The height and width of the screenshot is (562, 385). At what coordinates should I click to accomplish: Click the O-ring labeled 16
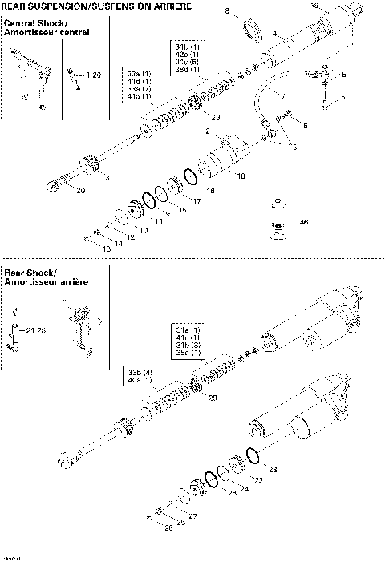pos(190,176)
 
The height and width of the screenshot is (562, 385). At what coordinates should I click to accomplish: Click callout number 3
pos(107,176)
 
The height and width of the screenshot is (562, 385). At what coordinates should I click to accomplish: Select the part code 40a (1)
pos(140,379)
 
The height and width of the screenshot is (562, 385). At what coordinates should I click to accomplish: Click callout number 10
pos(144,230)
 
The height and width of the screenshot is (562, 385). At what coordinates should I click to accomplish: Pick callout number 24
pos(245,488)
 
